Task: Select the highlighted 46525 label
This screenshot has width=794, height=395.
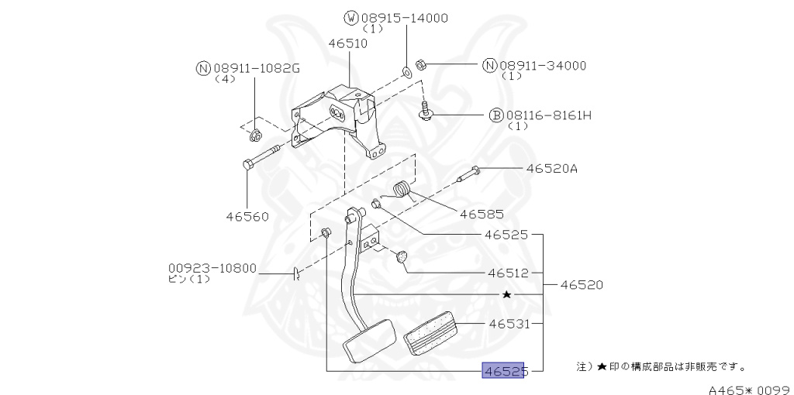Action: [x=504, y=372]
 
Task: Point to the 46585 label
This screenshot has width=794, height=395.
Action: [x=482, y=214]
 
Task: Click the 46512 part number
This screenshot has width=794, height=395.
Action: [x=508, y=273]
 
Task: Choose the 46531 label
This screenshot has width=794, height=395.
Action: [x=508, y=324]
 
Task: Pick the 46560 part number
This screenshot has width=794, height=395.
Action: [x=247, y=217]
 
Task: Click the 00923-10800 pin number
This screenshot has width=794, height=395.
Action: [x=212, y=268]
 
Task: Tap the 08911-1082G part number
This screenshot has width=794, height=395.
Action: [x=256, y=68]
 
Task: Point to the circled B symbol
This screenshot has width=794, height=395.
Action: [x=496, y=115]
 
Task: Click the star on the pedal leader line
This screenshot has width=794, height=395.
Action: [x=506, y=295]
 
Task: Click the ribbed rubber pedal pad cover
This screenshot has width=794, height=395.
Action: [x=431, y=333]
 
